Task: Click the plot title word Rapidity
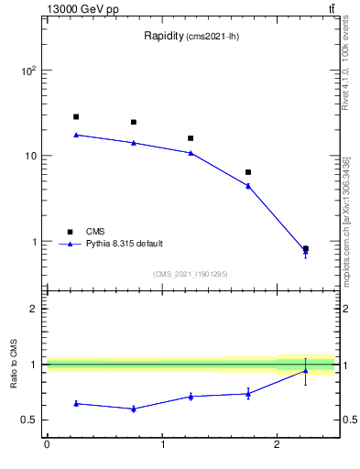pyautogui.click(x=164, y=37)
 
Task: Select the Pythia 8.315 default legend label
pyautogui.click(x=125, y=244)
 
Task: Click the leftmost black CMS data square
pyautogui.click(x=76, y=117)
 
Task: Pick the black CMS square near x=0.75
pyautogui.click(x=134, y=122)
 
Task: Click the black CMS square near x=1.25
pyautogui.click(x=191, y=138)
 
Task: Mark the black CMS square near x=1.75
pyautogui.click(x=248, y=172)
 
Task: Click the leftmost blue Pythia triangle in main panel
pyautogui.click(x=76, y=135)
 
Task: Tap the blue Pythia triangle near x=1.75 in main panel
pyautogui.click(x=248, y=186)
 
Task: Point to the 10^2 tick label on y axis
pyautogui.click(x=28, y=71)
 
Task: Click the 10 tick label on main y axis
pyautogui.click(x=30, y=156)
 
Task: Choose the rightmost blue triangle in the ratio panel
pyautogui.click(x=305, y=370)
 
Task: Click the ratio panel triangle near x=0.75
pyautogui.click(x=134, y=409)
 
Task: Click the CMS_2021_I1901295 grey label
pyautogui.click(x=190, y=274)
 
